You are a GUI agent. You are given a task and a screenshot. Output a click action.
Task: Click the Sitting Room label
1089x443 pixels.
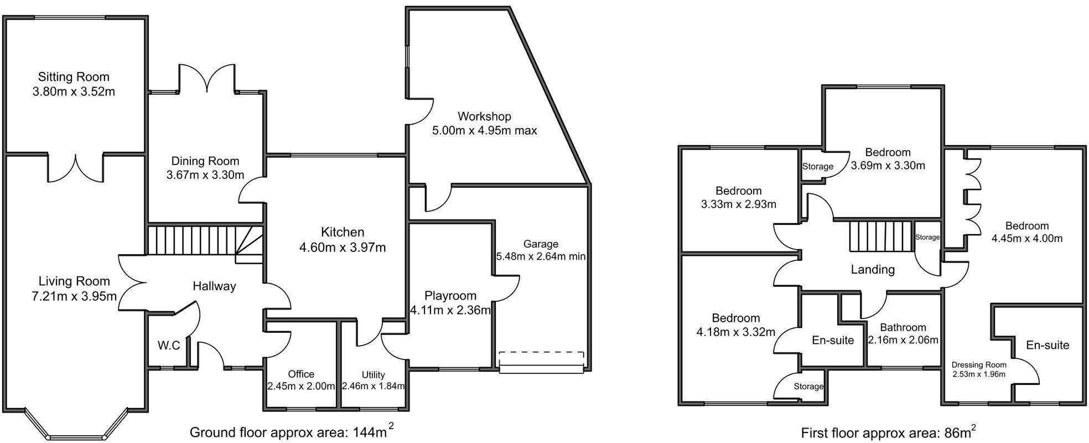[74, 77]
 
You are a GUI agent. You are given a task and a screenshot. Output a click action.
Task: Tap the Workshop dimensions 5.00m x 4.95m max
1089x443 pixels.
[484, 131]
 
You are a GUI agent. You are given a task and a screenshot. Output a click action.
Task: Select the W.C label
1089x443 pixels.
[169, 346]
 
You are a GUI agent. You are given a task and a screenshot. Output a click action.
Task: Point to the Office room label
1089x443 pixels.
[301, 374]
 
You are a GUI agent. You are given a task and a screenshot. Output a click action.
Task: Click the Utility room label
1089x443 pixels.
[373, 375]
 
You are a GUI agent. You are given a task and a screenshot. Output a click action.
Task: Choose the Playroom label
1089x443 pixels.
[450, 296]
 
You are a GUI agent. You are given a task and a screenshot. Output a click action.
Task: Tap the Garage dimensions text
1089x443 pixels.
[541, 257]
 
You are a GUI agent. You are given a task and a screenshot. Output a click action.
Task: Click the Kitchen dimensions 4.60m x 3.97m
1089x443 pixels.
[343, 248]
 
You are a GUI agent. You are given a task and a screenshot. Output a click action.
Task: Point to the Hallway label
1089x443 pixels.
[214, 286]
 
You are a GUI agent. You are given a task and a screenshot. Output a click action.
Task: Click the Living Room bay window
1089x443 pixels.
[77, 424]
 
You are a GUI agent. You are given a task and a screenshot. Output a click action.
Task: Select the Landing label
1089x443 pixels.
[873, 270]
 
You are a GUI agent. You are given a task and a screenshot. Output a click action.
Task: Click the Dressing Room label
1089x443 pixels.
[979, 365]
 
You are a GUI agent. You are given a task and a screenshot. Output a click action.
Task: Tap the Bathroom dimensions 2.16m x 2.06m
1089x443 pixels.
[903, 340]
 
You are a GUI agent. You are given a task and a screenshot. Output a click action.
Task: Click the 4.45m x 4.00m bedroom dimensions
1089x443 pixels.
[1027, 239]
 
